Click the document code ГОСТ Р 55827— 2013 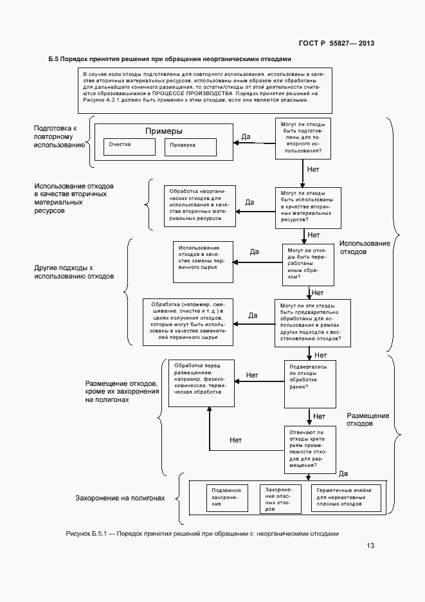336,43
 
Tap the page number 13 370,546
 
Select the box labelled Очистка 129,146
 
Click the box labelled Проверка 191,147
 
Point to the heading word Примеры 163,131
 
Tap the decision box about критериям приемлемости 309,448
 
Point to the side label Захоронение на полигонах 120,498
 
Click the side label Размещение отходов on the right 368,420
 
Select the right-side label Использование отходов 365,248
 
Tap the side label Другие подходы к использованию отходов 74,271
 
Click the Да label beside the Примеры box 245,136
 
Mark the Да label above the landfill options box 343,473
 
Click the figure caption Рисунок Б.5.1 201,534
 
